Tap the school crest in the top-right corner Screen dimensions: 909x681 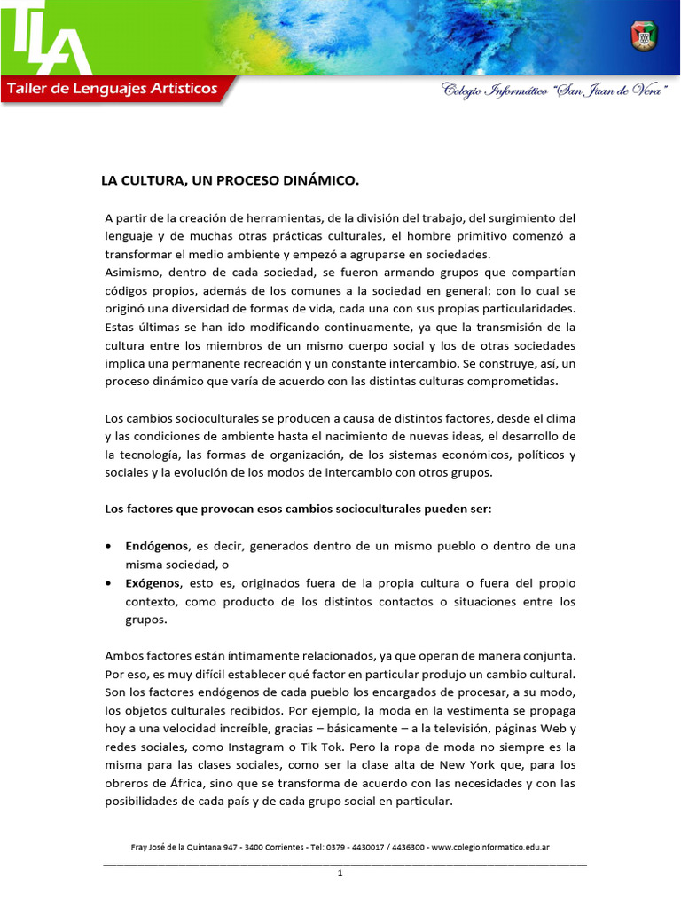click(643, 36)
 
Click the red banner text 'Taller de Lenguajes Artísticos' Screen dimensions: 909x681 click(113, 89)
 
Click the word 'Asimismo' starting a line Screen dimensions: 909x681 click(131, 271)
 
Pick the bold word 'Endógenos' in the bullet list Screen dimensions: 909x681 click(157, 546)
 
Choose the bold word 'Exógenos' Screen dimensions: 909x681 click(153, 583)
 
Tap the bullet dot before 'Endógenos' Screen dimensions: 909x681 click(108, 547)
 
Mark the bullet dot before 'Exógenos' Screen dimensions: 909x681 click(108, 584)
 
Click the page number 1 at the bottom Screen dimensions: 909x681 click(340, 873)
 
